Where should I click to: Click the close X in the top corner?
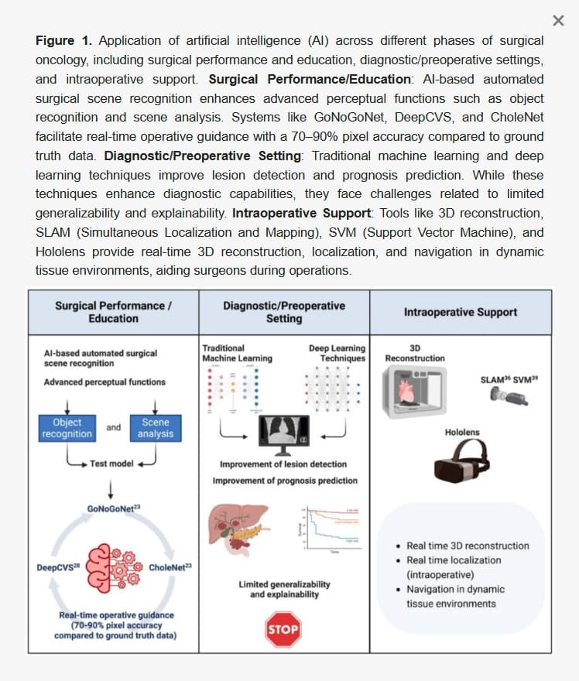point(559,20)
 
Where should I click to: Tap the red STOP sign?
point(283,629)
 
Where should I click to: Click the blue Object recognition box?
point(67,428)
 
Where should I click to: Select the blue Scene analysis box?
point(156,428)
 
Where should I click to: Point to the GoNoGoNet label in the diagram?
point(114,508)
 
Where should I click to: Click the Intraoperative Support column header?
point(461,313)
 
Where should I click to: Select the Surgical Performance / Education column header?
point(114,313)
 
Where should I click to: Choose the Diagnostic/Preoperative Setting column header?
point(284,313)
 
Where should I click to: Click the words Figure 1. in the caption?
point(66,41)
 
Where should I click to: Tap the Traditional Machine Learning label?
point(237,354)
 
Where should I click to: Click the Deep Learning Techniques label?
point(337,354)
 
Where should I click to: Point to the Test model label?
point(111,464)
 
